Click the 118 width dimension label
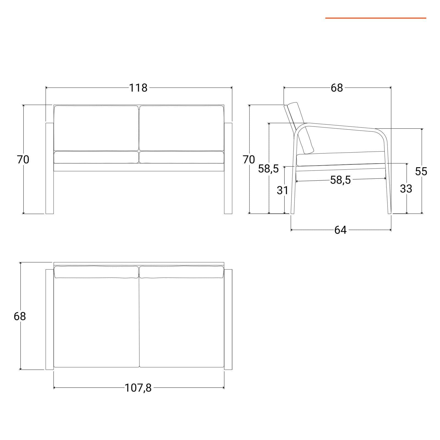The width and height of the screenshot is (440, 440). (x=138, y=88)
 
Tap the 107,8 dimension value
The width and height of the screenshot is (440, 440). (x=138, y=388)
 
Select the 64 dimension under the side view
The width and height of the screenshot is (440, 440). (x=340, y=230)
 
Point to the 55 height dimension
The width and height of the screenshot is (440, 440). (x=421, y=171)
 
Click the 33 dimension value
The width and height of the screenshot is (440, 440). (x=406, y=189)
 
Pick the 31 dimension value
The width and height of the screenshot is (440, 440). (x=282, y=190)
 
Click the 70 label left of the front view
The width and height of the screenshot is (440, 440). (x=23, y=159)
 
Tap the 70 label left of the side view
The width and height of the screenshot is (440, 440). (x=249, y=159)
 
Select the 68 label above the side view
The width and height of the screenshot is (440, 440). (x=337, y=88)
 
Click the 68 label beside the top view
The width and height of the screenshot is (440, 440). (x=20, y=316)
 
